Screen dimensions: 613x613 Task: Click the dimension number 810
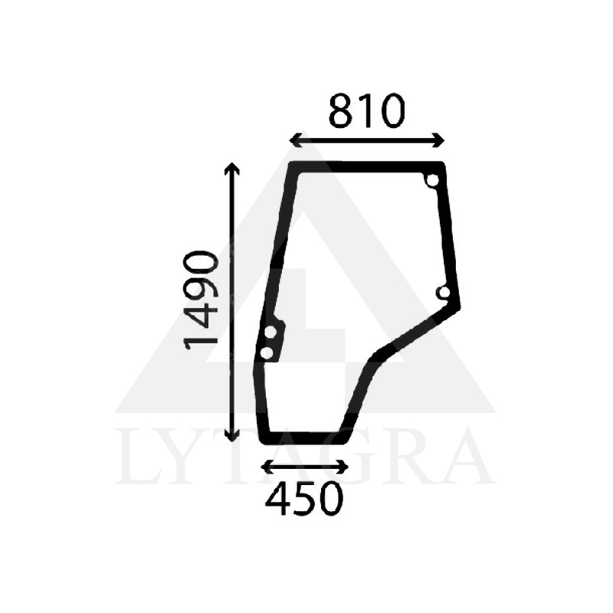click(366, 113)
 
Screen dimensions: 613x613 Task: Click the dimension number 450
click(304, 500)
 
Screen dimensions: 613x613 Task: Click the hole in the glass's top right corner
click(432, 181)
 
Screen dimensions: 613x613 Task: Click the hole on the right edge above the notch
click(443, 292)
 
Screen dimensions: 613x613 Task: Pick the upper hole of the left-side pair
click(270, 333)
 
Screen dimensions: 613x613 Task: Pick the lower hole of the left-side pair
click(267, 352)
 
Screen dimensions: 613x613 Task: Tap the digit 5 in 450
click(304, 500)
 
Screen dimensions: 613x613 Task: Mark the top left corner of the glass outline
click(291, 165)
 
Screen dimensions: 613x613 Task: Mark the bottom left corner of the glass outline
click(263, 441)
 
